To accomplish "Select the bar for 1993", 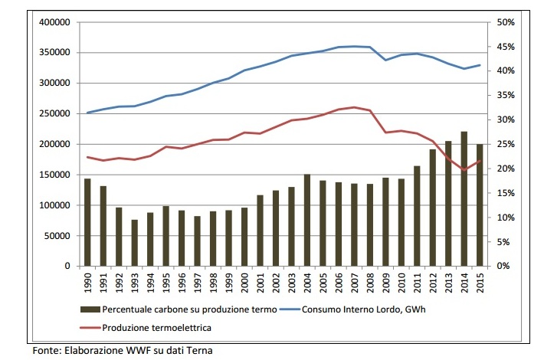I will [x=135, y=243].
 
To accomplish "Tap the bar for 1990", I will [x=87, y=222].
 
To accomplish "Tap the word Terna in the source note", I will [x=198, y=352].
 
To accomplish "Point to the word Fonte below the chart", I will [x=44, y=352].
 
